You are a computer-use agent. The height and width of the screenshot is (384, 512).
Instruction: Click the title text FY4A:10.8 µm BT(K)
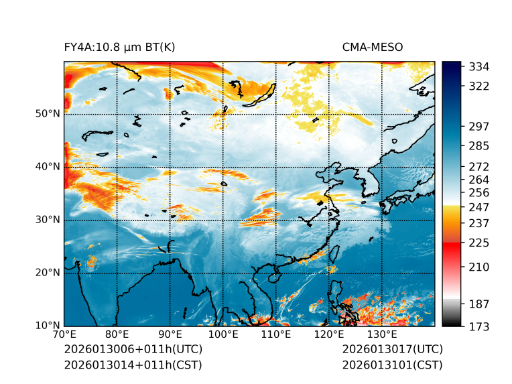pos(119,47)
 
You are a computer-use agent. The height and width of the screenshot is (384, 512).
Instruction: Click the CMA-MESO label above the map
pos(373,47)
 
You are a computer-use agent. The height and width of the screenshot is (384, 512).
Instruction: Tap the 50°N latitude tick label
pos(47,114)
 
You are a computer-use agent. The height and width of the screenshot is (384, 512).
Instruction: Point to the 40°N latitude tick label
pos(47,167)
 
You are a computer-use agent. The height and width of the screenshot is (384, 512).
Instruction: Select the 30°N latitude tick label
pos(47,220)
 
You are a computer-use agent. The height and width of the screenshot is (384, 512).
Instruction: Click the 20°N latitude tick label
pos(47,273)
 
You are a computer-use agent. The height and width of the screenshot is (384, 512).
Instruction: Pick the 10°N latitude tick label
pos(47,326)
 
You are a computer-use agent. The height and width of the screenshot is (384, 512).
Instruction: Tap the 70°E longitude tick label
pos(64,335)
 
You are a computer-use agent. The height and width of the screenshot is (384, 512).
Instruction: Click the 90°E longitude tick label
pos(170,335)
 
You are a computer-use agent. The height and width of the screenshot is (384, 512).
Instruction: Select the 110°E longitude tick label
pos(276,335)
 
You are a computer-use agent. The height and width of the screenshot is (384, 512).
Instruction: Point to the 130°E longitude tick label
pos(382,335)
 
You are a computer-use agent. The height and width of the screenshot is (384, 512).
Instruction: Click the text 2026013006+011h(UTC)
pos(133,350)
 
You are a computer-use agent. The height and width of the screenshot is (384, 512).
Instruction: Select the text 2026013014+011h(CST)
pos(133,365)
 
